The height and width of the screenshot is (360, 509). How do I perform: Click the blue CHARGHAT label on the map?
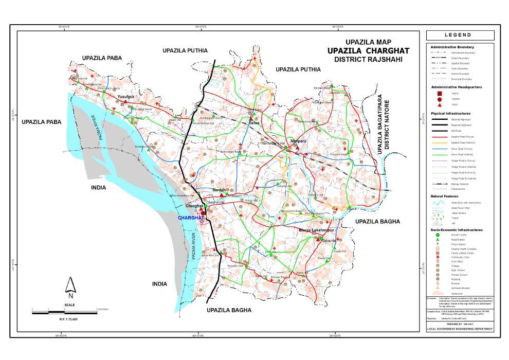(x=191, y=218)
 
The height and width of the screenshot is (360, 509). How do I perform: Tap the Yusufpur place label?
(x=125, y=97)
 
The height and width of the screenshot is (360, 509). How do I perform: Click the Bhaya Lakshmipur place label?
(x=316, y=230)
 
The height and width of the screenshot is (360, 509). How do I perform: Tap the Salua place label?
(x=254, y=123)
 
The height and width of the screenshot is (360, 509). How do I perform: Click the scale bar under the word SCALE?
(x=65, y=310)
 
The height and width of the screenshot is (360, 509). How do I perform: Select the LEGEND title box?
(x=460, y=35)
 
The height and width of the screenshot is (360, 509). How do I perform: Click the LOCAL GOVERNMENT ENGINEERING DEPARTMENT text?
(x=460, y=329)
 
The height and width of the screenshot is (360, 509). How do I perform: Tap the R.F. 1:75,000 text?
(x=68, y=319)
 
